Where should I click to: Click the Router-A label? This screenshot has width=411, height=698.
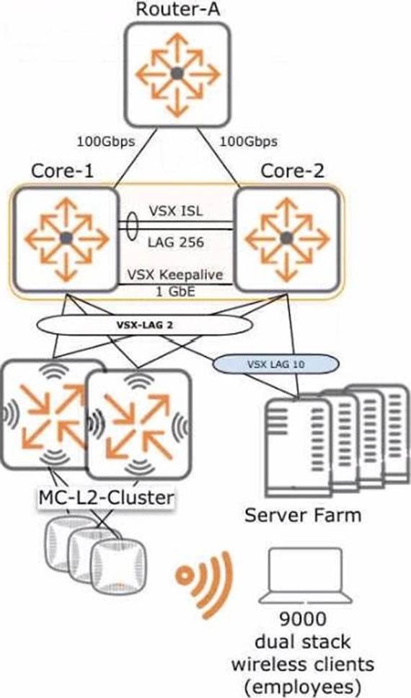tap(177, 9)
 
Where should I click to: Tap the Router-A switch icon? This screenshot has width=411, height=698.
tap(177, 74)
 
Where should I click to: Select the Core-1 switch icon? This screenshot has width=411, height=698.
tap(66, 239)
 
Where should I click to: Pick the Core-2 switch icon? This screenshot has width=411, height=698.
tap(287, 239)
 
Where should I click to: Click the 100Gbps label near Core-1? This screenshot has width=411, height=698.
tap(106, 141)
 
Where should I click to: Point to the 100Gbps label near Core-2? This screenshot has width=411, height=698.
tap(248, 141)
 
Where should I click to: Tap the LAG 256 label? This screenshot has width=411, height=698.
tap(175, 242)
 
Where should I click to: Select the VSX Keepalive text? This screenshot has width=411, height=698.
tap(175, 275)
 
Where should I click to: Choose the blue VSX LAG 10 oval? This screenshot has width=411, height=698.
tap(275, 364)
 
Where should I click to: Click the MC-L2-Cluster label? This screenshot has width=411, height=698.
tap(106, 498)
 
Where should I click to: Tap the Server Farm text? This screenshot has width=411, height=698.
tap(303, 515)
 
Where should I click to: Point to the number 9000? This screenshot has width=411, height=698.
tap(303, 618)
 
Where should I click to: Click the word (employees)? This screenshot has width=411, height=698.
tap(303, 687)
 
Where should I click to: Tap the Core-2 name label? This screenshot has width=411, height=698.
tap(293, 172)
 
